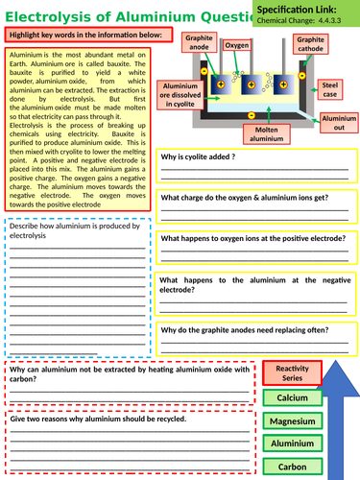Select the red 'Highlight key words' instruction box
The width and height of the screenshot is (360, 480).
pyautogui.click(x=87, y=36)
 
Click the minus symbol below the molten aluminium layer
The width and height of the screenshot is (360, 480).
pyautogui.click(x=252, y=115)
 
